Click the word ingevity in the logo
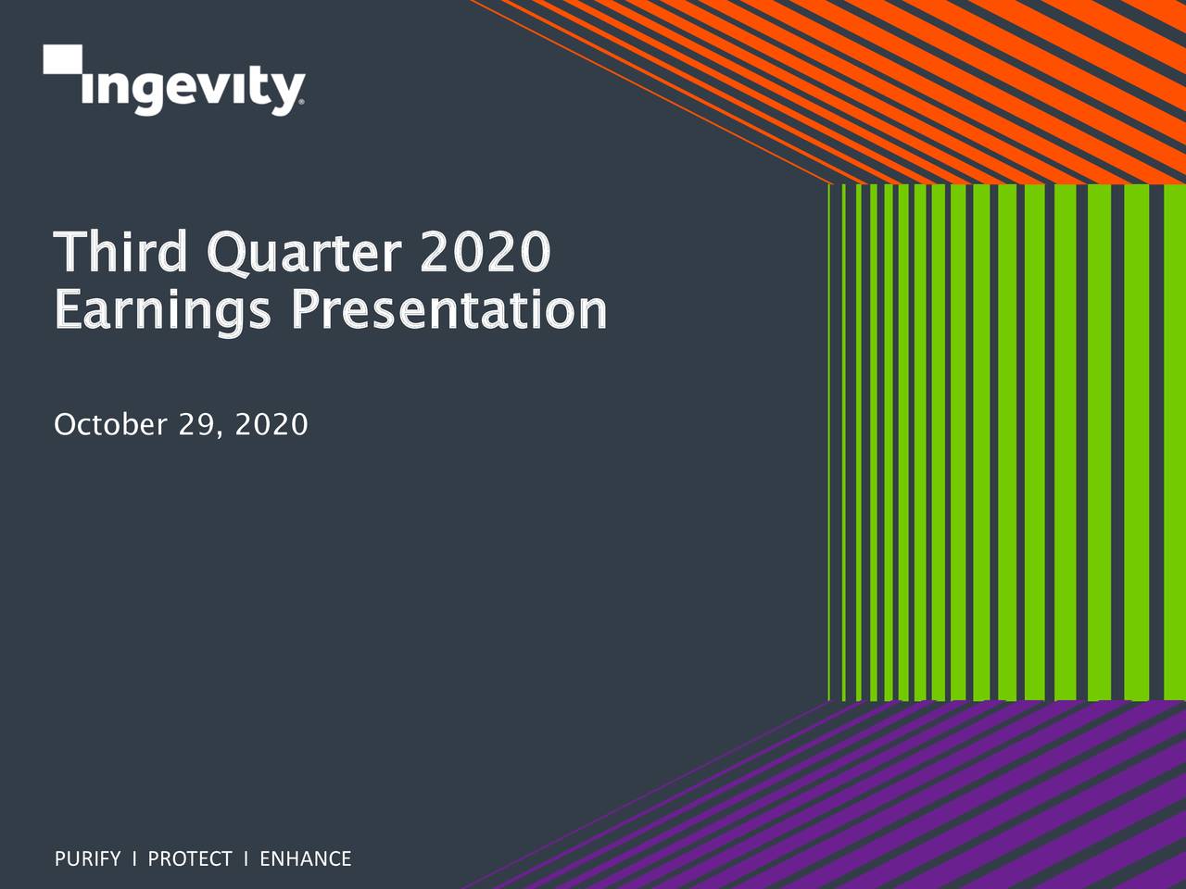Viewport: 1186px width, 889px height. click(192, 90)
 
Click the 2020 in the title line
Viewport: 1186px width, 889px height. click(485, 252)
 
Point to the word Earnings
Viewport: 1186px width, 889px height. click(163, 310)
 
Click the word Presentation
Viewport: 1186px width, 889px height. click(448, 310)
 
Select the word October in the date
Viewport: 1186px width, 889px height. click(109, 425)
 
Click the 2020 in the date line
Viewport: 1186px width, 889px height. click(271, 425)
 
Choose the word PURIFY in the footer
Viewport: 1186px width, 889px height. click(87, 859)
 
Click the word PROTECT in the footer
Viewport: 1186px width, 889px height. click(190, 859)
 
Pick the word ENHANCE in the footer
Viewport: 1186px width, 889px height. click(305, 859)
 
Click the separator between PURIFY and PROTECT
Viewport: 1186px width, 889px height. click(134, 859)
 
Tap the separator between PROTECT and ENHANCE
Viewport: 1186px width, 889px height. click(246, 859)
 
